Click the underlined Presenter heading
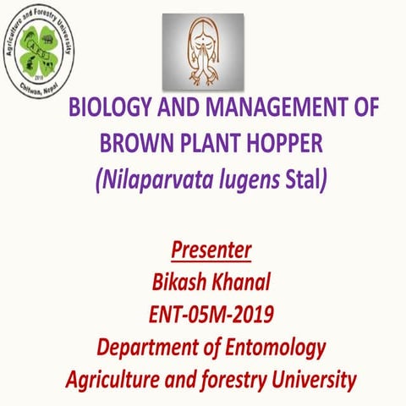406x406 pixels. pos(211,251)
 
